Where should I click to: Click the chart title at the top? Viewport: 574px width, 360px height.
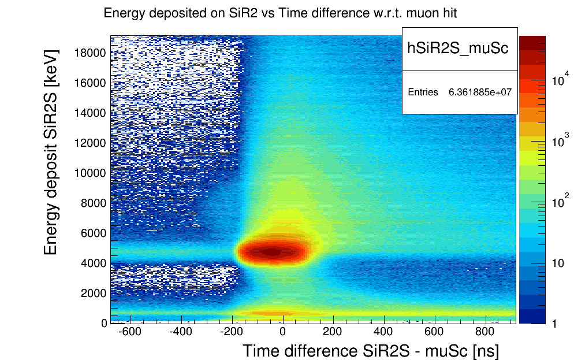(280, 13)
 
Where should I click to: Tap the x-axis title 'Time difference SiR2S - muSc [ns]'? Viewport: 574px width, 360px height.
(370, 351)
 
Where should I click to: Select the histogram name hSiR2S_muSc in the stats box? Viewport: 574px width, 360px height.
(458, 49)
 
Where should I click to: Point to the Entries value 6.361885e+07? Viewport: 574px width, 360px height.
(480, 92)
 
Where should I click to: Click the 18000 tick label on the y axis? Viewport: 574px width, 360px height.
(90, 53)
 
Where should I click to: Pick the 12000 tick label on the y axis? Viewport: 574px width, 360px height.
(90, 143)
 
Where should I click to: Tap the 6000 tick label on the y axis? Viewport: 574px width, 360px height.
(92, 233)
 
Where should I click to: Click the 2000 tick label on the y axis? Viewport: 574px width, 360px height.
(92, 294)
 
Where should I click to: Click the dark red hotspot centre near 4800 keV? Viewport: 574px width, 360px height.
(275, 251)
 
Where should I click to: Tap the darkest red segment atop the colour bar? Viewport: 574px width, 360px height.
(532, 42)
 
